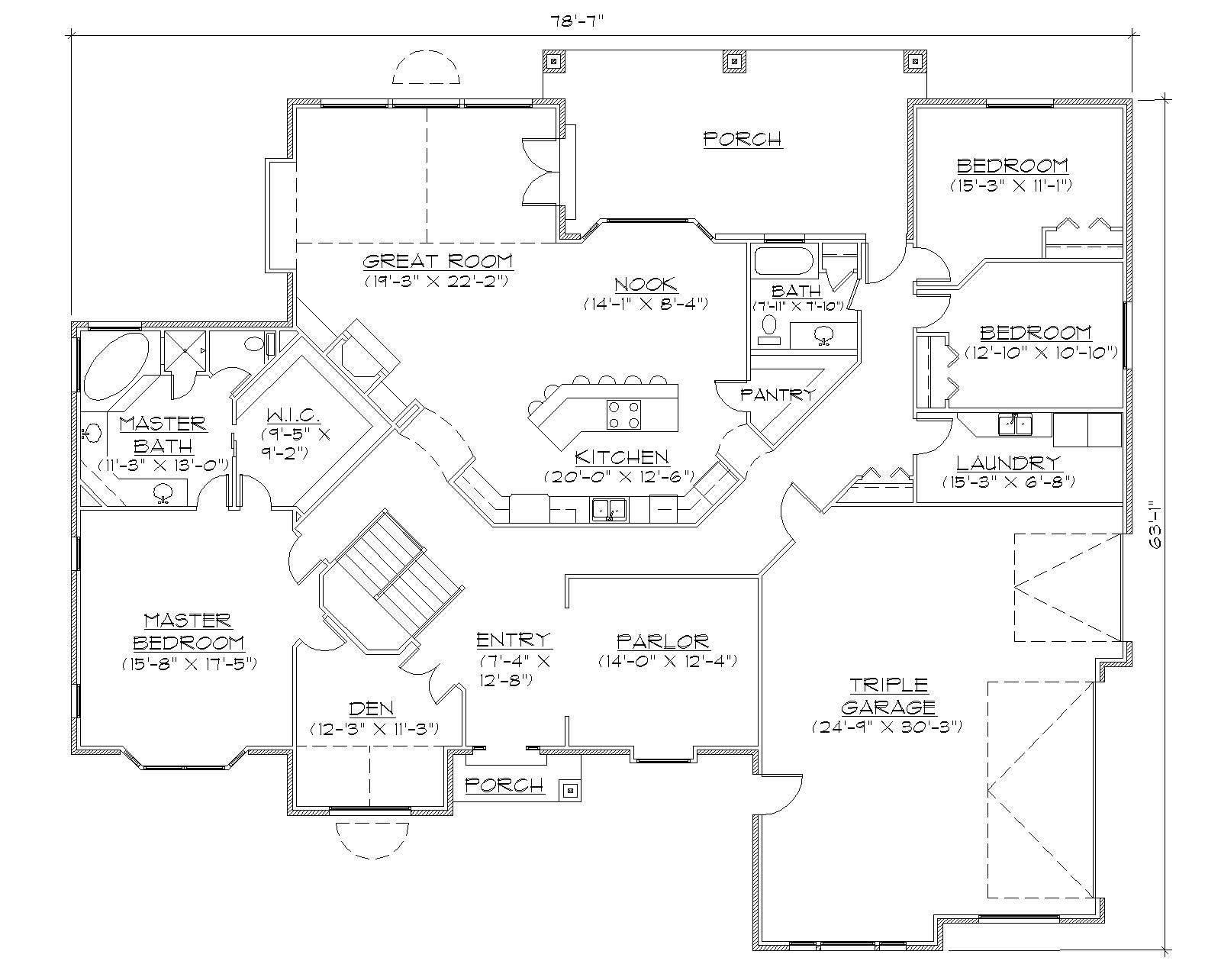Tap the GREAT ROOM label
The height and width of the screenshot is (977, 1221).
(437, 262)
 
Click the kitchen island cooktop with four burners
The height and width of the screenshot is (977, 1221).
(623, 415)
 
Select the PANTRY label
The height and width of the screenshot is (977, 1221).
(778, 395)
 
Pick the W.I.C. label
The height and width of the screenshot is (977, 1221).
(294, 416)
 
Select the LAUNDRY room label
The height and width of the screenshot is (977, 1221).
(1008, 463)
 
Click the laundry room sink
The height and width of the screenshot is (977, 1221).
(1014, 424)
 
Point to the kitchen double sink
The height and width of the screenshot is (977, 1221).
(609, 508)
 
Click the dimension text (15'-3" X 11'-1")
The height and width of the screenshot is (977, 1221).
(1012, 185)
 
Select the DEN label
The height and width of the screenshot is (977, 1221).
(372, 709)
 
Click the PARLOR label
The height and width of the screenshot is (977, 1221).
(663, 641)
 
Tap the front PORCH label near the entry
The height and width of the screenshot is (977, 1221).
(504, 785)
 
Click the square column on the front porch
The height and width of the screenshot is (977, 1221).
(569, 791)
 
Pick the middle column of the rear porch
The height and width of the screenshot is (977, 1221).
(733, 61)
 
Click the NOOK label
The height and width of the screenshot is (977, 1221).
(646, 284)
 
